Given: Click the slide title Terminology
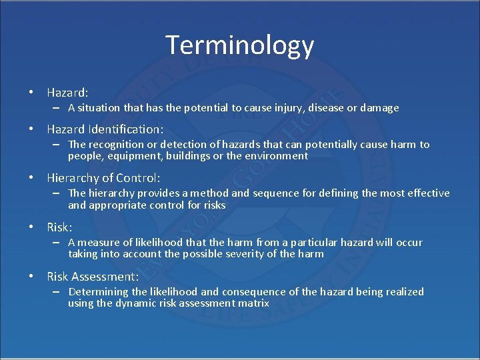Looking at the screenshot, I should point(239,45).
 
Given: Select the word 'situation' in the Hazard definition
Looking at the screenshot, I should point(101,108).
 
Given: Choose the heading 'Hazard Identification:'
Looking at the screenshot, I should point(105,129).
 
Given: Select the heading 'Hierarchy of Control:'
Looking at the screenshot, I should point(103,178).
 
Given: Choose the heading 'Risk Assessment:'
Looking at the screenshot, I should point(93,277).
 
